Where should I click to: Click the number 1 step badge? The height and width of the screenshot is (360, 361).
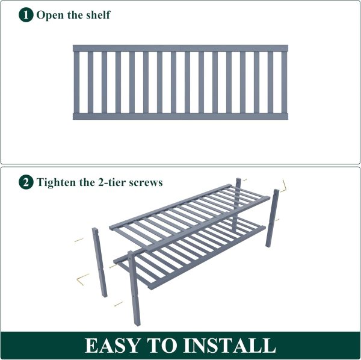click(x=26, y=15)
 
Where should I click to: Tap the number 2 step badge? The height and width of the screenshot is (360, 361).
click(x=26, y=182)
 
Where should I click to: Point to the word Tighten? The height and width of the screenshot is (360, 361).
click(x=57, y=182)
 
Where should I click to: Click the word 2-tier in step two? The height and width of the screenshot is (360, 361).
click(x=112, y=182)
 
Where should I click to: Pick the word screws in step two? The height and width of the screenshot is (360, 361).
click(x=146, y=183)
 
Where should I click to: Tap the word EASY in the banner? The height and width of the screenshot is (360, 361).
click(x=112, y=346)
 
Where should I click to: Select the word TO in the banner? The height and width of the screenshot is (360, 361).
click(x=161, y=346)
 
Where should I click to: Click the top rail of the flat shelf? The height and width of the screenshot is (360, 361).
click(x=180, y=48)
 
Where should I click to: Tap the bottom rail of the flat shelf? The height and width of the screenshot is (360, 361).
click(x=180, y=116)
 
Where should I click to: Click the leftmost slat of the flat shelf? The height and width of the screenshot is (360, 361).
click(x=76, y=82)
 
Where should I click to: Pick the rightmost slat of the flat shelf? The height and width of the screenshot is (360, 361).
click(x=285, y=82)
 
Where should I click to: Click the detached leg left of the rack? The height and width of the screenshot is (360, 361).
click(x=100, y=262)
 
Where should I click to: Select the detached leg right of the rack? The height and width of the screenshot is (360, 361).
click(x=273, y=218)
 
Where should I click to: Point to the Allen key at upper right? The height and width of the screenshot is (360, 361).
click(x=284, y=187)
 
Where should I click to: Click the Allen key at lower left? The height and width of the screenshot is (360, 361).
click(x=82, y=279)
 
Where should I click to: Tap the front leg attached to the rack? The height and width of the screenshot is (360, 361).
click(x=134, y=288)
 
